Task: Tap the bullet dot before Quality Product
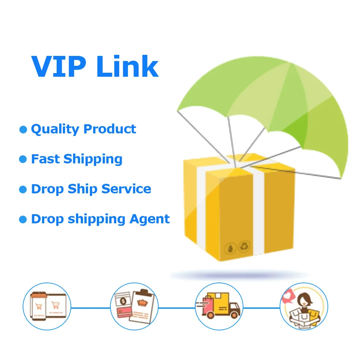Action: pos(23,129)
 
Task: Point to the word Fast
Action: pos(45,159)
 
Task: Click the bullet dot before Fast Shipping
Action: pos(23,159)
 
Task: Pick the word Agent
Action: pos(150,219)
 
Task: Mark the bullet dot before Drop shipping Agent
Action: pos(23,219)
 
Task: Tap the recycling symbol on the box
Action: pos(244,247)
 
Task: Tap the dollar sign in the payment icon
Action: pos(122,301)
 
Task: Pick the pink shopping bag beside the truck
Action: pos(209,303)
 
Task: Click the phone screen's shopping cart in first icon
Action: pos(38,306)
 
